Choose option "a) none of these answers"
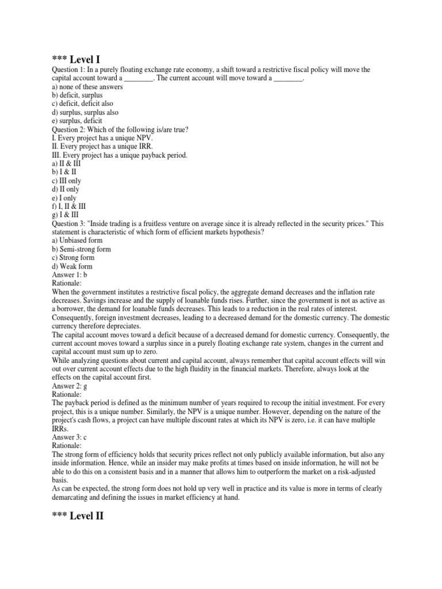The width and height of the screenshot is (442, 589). [x=87, y=87]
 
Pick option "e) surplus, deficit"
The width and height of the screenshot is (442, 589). [x=77, y=121]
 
